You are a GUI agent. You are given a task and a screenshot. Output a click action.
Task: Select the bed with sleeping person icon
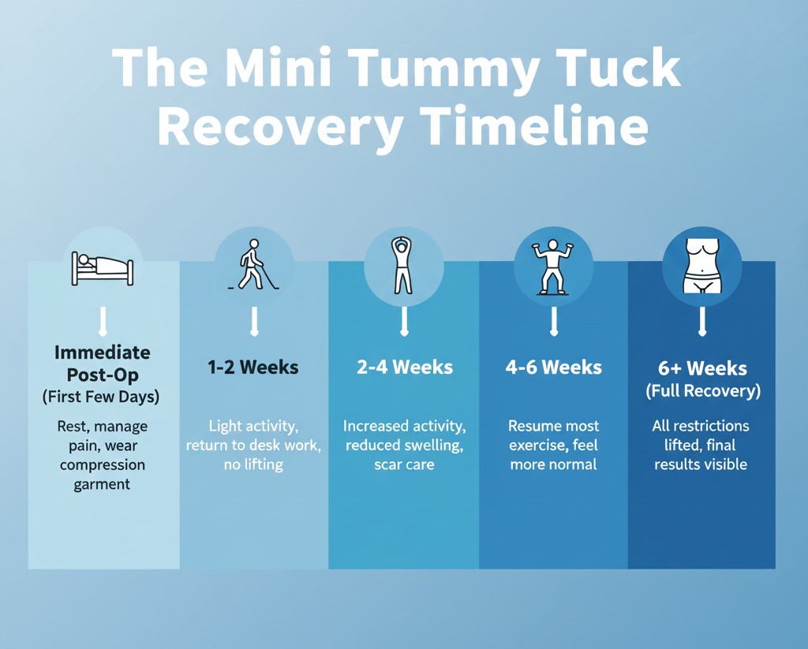(x=103, y=268)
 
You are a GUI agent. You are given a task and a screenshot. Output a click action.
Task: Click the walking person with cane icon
(x=253, y=264)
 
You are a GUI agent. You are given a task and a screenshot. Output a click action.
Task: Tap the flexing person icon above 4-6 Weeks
(x=553, y=267)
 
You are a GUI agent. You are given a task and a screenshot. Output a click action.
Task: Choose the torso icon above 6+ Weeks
(x=701, y=265)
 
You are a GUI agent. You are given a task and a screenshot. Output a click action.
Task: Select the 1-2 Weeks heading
(x=253, y=367)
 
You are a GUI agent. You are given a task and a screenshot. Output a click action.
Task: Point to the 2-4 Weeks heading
(x=404, y=367)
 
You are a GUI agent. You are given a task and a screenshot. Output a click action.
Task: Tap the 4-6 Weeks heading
(x=553, y=367)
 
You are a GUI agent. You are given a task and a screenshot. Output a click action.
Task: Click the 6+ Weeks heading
(x=701, y=368)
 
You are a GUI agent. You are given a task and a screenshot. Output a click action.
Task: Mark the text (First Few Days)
(x=101, y=397)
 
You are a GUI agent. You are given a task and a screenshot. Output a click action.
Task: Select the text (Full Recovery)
(x=701, y=391)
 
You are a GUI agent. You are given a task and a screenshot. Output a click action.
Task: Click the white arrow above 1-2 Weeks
(x=254, y=321)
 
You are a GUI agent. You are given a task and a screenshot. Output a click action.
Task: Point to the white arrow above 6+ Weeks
(x=701, y=321)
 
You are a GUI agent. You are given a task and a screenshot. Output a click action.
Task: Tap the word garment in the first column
(x=102, y=484)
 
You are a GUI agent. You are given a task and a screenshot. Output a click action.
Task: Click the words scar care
(x=404, y=464)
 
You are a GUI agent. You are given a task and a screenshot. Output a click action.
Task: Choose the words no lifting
(x=253, y=464)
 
